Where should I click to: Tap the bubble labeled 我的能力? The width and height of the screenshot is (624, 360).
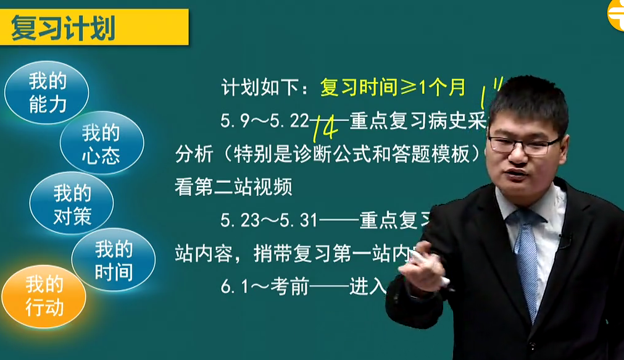click(x=47, y=93)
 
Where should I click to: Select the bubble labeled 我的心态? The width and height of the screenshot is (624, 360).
click(x=101, y=143)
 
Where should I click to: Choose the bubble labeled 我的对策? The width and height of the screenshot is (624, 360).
click(x=72, y=204)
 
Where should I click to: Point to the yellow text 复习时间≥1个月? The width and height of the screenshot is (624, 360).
click(x=393, y=88)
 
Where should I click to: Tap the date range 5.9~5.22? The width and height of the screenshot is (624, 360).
click(x=264, y=120)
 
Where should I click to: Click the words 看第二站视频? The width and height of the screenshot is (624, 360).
click(x=233, y=187)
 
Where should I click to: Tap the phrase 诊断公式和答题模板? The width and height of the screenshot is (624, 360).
click(x=356, y=154)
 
